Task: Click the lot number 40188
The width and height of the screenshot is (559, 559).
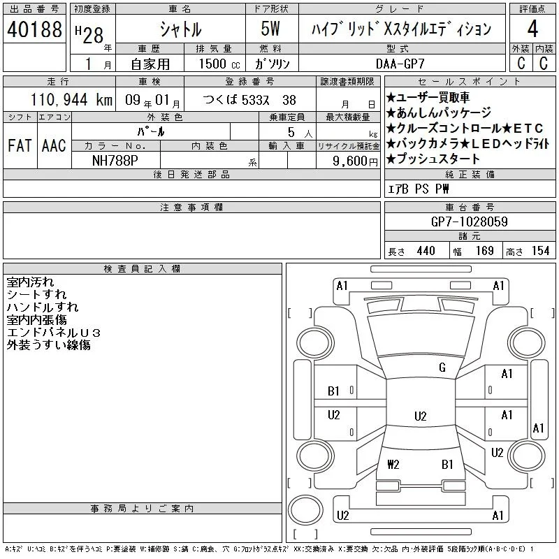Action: (34, 29)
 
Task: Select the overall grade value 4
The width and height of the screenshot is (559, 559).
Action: (532, 29)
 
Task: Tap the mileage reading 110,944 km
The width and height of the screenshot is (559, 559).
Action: (71, 99)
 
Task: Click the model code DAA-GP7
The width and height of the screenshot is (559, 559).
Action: (400, 64)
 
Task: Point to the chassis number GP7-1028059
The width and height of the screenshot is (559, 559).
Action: (469, 222)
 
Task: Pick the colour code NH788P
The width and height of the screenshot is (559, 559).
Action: (115, 161)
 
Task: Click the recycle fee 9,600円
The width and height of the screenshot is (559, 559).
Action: (355, 161)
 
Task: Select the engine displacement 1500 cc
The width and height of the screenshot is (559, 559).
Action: (219, 64)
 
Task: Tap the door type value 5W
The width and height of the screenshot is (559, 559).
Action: (270, 29)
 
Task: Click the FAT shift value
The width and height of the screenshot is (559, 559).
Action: (20, 145)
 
